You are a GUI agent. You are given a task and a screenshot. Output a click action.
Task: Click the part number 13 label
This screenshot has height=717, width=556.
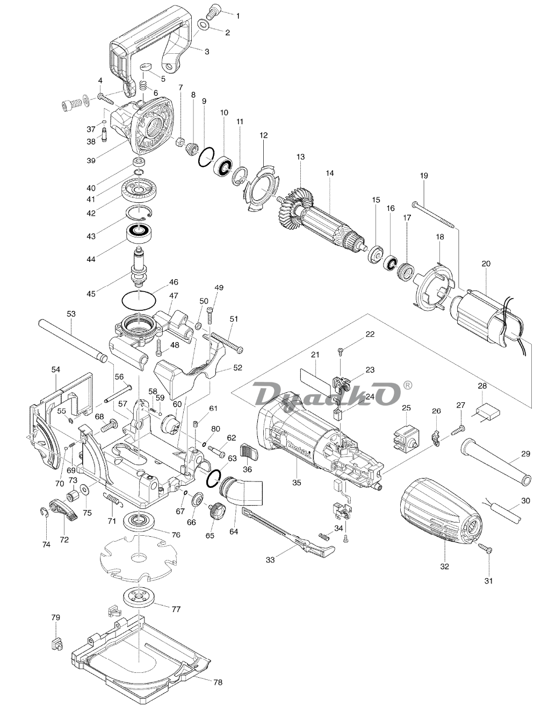pyautogui.click(x=300, y=157)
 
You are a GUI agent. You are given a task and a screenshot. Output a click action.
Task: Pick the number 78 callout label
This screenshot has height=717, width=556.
pyautogui.click(x=218, y=683)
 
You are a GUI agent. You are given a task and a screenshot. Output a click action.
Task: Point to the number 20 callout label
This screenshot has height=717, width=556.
pyautogui.click(x=486, y=264)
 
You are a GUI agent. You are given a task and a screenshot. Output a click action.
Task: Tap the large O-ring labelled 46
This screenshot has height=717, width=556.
pyautogui.click(x=139, y=296)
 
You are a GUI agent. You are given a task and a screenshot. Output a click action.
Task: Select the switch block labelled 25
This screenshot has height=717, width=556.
pyautogui.click(x=406, y=436)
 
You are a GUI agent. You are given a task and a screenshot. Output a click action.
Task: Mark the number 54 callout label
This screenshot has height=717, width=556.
pyautogui.click(x=56, y=370)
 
